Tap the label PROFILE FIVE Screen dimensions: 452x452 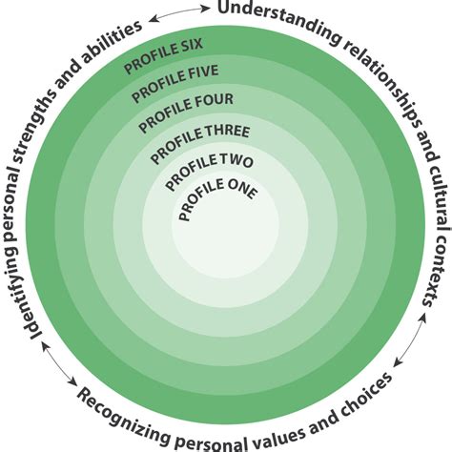[x=175, y=83]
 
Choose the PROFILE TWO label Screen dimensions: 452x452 [x=209, y=171]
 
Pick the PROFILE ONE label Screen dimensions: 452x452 [x=216, y=197]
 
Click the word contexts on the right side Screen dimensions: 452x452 [x=437, y=268]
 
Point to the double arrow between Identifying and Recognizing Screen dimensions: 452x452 [x=58, y=363]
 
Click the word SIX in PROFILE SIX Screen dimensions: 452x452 [x=193, y=46]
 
